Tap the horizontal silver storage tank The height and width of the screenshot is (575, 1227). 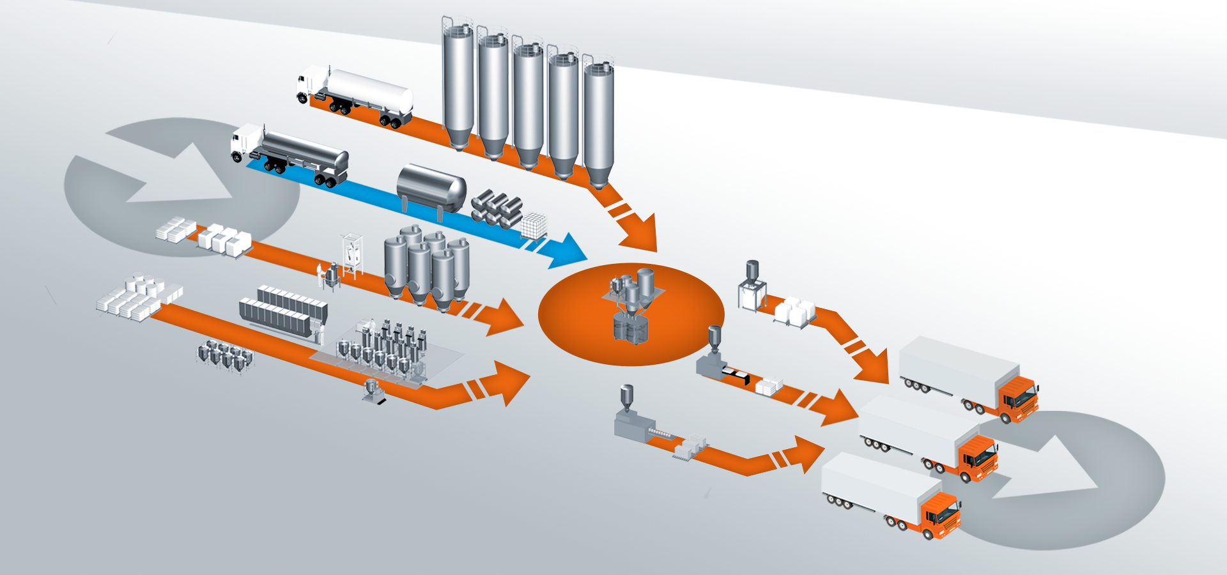tap(431, 187)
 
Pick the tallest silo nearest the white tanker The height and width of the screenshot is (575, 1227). tap(458, 83)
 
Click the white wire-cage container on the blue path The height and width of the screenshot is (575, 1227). tap(534, 226)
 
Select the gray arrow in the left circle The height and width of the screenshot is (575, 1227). tap(173, 172)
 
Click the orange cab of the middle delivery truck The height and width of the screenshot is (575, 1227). tap(976, 457)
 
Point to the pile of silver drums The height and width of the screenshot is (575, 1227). tap(498, 208)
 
